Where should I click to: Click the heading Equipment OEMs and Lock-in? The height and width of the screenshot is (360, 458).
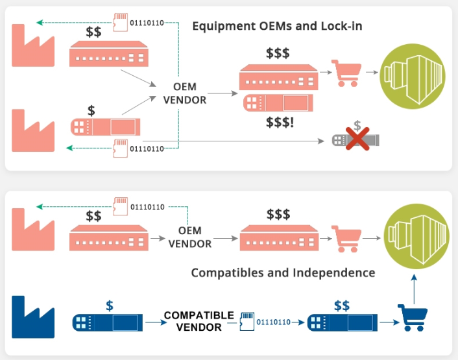pos(277,27)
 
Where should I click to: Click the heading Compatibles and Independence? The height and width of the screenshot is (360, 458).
pos(283,272)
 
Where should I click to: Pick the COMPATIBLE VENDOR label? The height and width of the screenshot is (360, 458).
pos(199,321)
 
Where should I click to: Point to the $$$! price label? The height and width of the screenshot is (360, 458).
pos(280,121)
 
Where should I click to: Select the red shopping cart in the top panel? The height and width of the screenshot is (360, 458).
pos(345,73)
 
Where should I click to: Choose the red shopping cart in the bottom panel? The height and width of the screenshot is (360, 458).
pos(345,237)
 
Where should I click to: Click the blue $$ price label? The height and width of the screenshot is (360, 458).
pos(342,305)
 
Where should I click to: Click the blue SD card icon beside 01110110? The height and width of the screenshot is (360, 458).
pos(247,321)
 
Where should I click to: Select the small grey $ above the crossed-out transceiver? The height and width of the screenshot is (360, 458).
pos(357,125)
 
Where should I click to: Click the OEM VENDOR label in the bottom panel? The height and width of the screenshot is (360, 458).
pos(190,237)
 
